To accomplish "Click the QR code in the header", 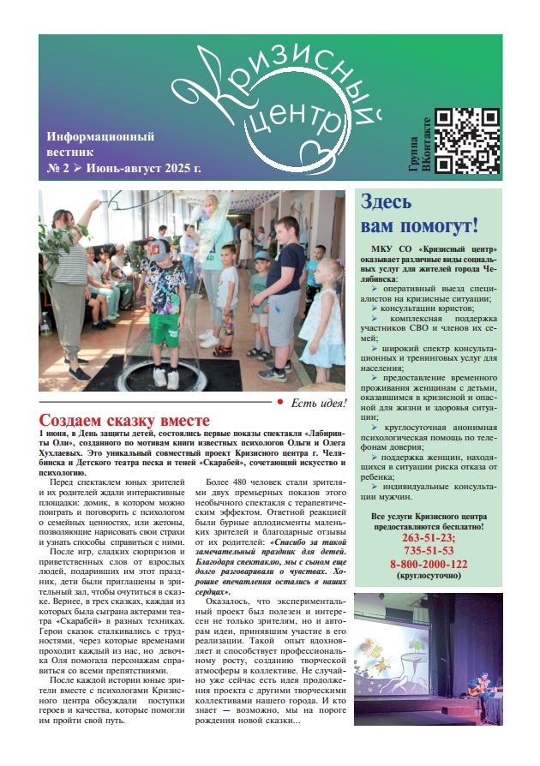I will click(x=468, y=141).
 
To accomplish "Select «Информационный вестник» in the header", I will click(x=99, y=143).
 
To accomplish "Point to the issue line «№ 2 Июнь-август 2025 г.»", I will click(x=123, y=167).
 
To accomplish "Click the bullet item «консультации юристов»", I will click(x=424, y=307).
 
